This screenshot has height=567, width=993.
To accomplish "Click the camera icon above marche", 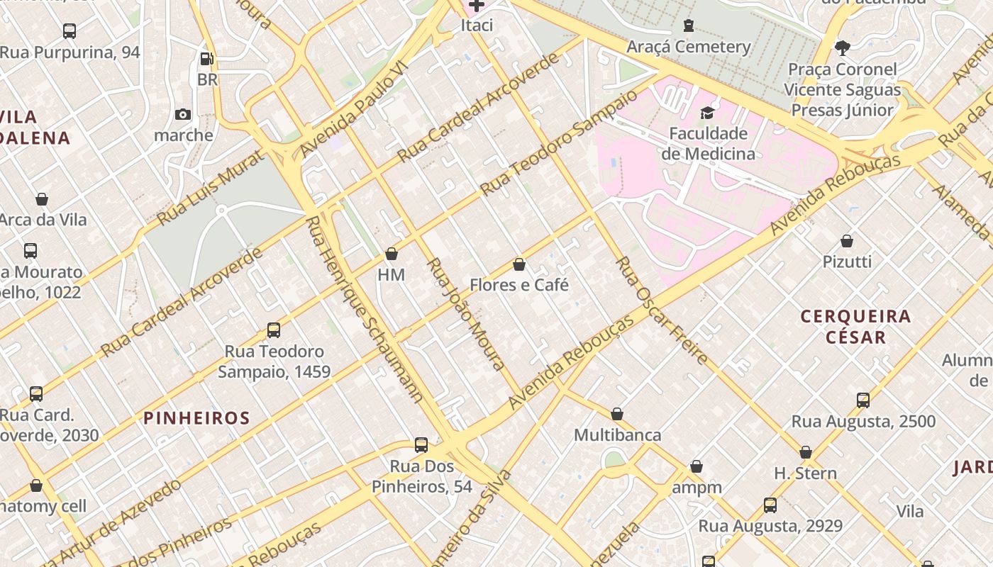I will (183, 114).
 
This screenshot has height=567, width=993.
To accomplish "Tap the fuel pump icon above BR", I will (206, 59).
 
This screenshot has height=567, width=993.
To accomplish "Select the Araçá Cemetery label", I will (688, 47).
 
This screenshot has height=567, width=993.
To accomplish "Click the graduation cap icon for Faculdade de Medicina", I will (707, 113).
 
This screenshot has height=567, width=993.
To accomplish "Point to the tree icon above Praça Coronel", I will (842, 48).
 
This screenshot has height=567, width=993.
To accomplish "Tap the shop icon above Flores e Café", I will (519, 264).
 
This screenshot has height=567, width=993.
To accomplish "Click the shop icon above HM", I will (392, 254).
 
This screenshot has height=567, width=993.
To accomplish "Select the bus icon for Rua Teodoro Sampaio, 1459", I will (274, 330).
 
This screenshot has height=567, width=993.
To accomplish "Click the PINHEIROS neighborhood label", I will (197, 418).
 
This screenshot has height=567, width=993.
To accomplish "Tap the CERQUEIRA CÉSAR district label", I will (855, 326).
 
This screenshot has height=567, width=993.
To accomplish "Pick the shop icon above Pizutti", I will (847, 241).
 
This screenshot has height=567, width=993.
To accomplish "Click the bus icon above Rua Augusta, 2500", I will (863, 400).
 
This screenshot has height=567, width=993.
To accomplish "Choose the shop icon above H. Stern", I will (806, 452).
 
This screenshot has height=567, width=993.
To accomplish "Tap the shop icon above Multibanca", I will (617, 414).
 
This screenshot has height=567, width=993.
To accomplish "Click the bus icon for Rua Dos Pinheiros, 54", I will (421, 445).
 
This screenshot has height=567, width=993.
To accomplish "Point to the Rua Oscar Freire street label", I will (661, 310).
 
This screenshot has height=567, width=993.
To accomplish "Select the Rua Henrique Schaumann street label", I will (364, 309).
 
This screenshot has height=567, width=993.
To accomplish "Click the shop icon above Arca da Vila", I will (42, 199).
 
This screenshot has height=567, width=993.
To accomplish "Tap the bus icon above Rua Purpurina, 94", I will (70, 31).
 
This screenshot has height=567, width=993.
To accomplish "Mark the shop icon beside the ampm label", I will (697, 466).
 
